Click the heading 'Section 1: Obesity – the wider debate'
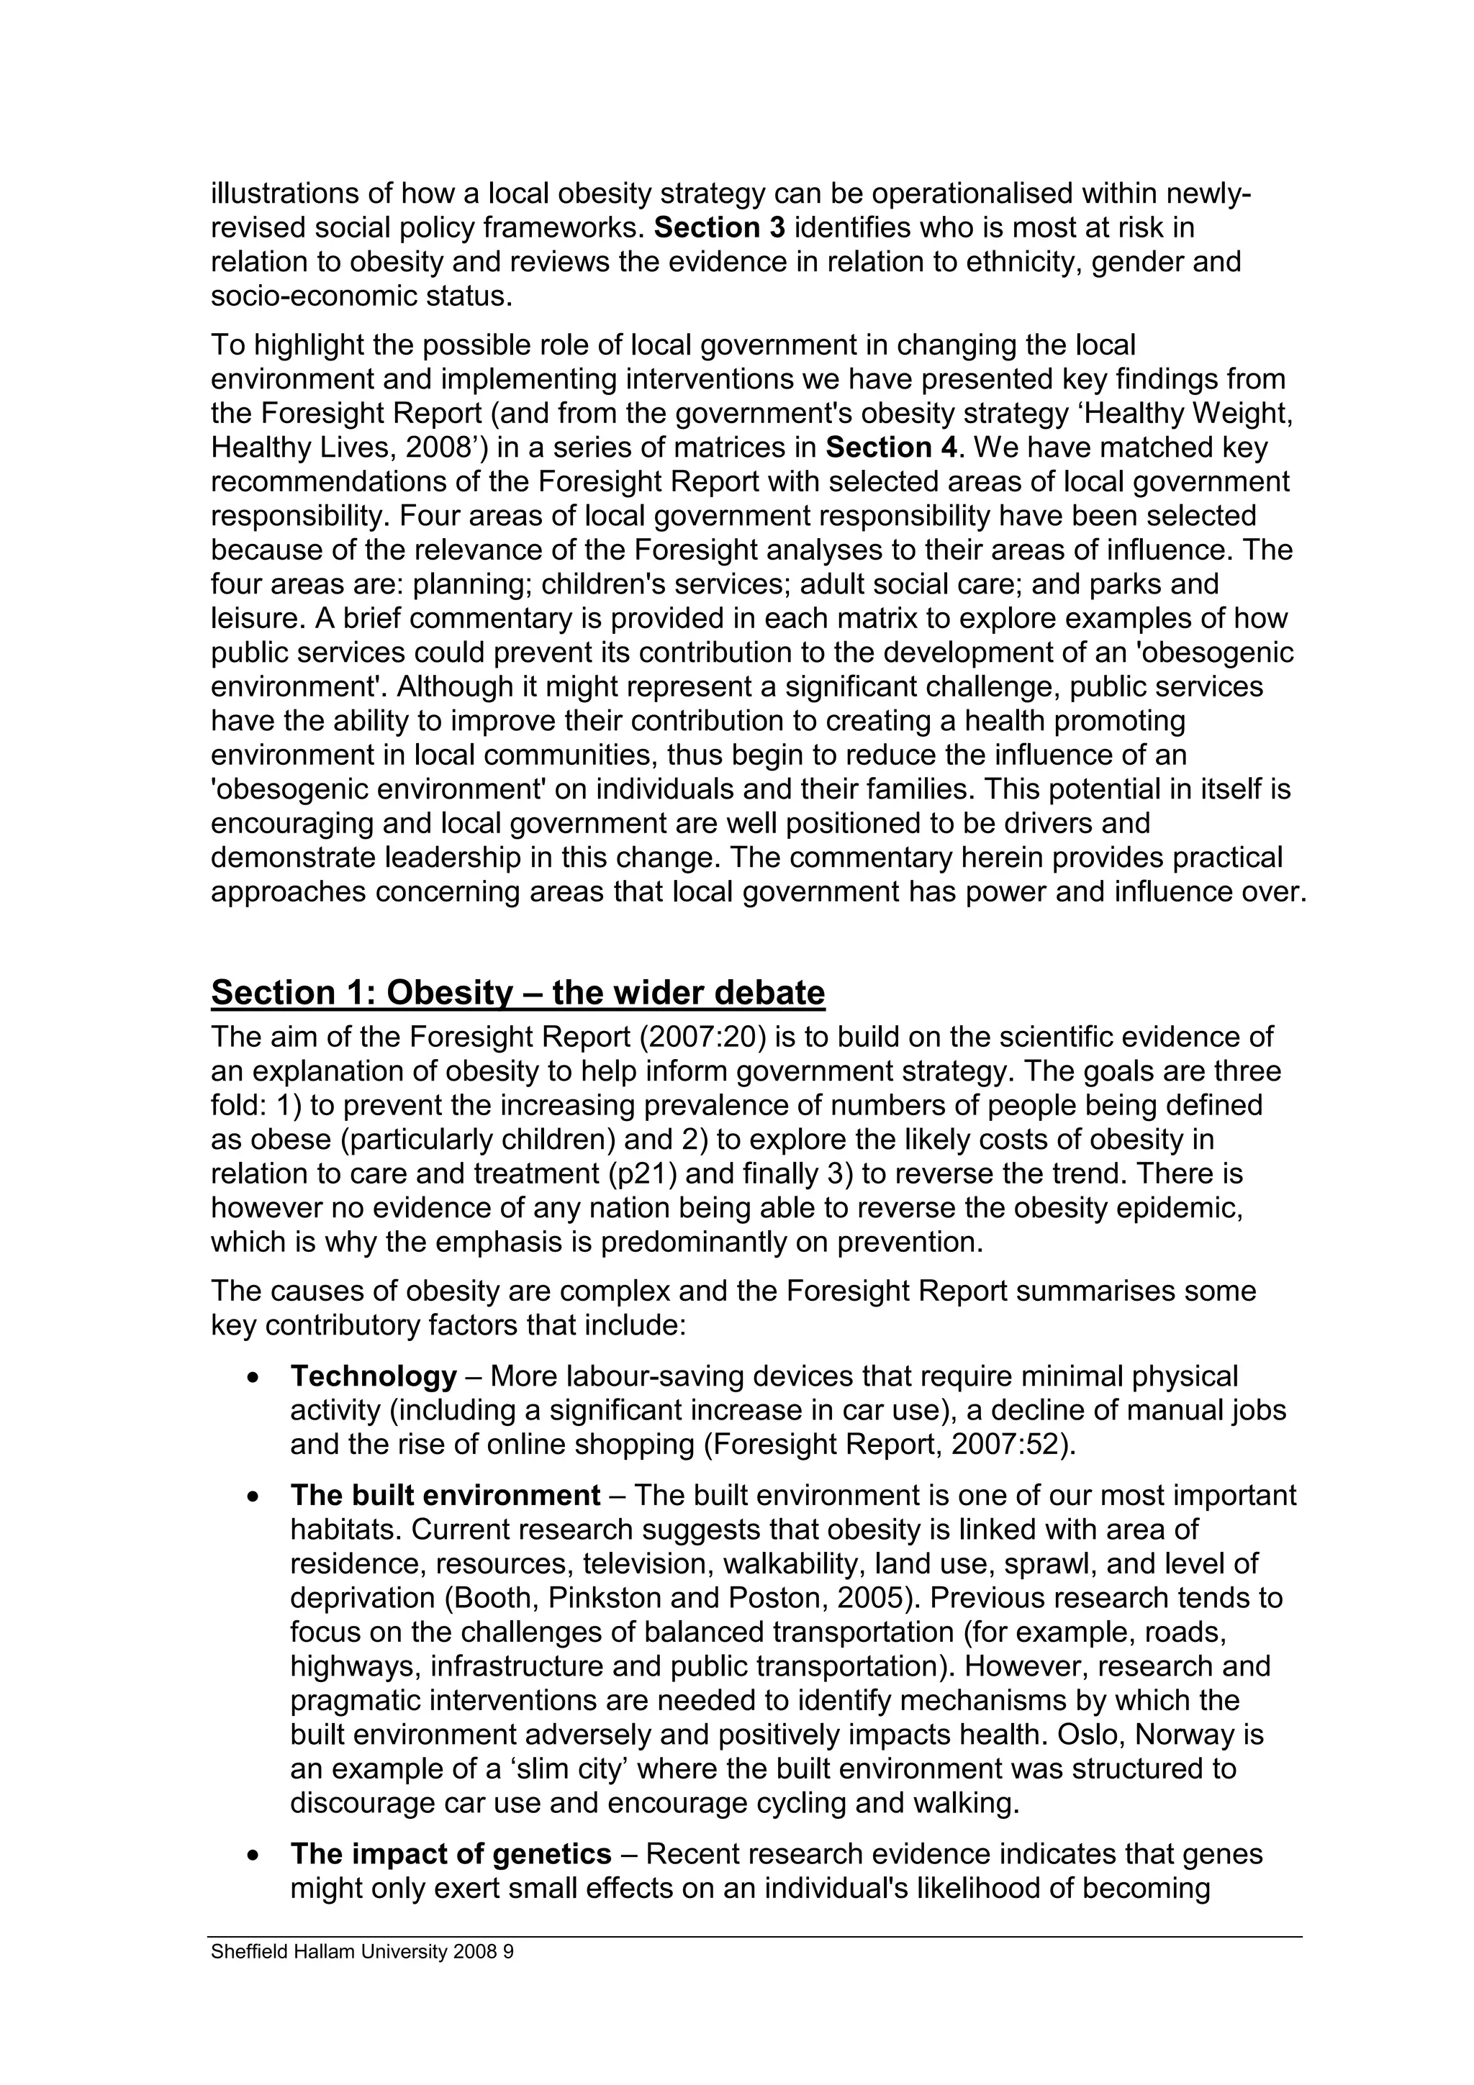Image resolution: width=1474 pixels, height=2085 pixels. pos(517,993)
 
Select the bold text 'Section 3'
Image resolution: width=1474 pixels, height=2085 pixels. pos(719,227)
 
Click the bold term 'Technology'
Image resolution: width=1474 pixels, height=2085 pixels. pos(374,1376)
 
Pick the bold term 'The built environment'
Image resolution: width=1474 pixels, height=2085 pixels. pos(445,1495)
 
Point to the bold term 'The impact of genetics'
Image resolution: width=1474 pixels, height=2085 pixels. pos(451,1853)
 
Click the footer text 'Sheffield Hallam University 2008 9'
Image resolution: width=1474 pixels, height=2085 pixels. pos(362,1951)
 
